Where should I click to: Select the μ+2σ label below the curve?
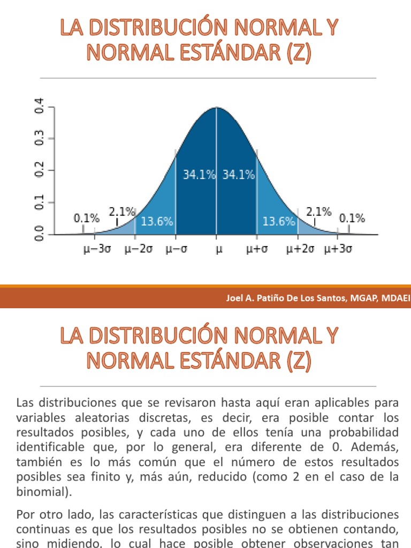click(300, 249)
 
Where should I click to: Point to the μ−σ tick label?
click(176, 249)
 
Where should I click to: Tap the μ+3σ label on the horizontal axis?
click(338, 249)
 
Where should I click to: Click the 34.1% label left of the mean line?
click(199, 175)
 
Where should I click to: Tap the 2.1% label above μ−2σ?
click(122, 212)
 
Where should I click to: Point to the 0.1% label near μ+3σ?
click(352, 218)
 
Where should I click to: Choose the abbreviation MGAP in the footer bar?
click(361, 298)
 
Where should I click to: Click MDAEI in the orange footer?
click(395, 298)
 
